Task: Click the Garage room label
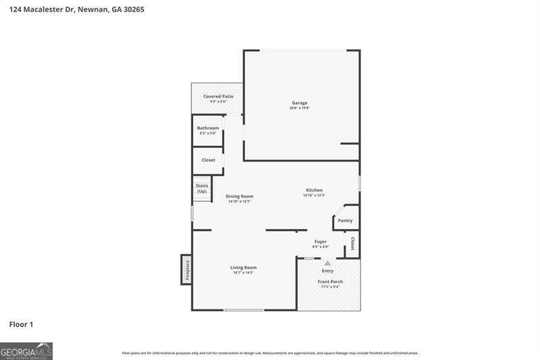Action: tap(299, 103)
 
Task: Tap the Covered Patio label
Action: tap(218, 97)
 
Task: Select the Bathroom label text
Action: tap(208, 128)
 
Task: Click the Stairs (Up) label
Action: tap(202, 188)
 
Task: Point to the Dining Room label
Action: tap(239, 196)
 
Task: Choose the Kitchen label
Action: tap(314, 190)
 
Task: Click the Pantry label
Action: tap(345, 220)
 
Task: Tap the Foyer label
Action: tap(321, 241)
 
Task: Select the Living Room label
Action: tap(243, 267)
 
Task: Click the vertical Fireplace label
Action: tap(188, 271)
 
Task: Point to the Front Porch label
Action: tap(330, 281)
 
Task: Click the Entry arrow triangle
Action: tap(327, 263)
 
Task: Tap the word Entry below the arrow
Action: tap(327, 271)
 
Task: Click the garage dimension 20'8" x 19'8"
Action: tap(299, 108)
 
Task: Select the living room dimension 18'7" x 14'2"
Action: tap(243, 273)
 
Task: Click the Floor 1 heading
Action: tap(21, 324)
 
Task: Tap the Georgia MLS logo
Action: tap(26, 351)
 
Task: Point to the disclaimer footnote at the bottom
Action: tap(270, 353)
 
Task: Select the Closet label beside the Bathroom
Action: tap(209, 160)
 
